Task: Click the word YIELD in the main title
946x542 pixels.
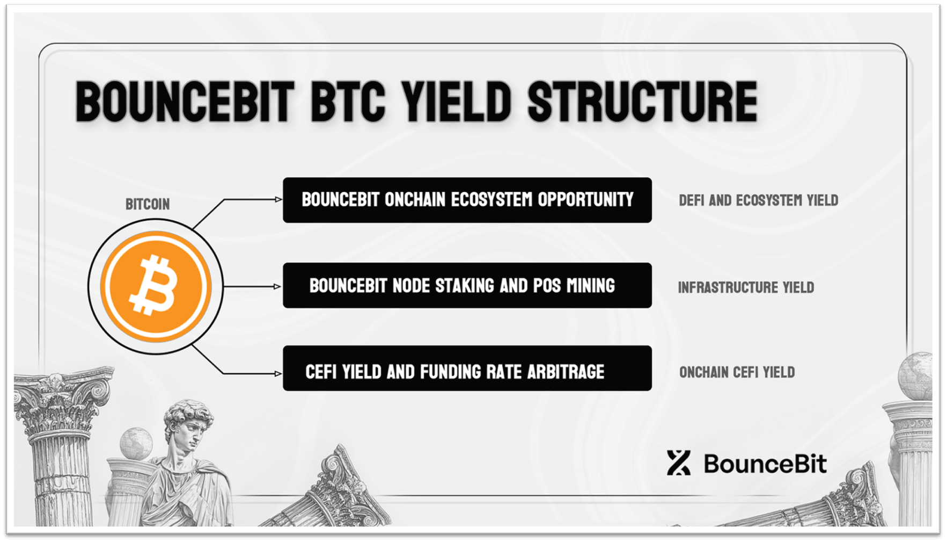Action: click(456, 102)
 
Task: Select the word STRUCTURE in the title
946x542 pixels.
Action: click(642, 102)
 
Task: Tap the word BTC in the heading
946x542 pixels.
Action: click(348, 102)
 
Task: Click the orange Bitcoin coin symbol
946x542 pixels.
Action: click(156, 286)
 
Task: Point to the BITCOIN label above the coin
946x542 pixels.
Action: click(148, 204)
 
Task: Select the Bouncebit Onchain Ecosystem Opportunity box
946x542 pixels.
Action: click(467, 200)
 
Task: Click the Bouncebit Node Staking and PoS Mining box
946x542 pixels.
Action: click(467, 285)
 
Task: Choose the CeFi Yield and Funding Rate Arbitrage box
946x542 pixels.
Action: click(467, 368)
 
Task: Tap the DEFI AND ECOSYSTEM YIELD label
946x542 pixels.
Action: click(758, 200)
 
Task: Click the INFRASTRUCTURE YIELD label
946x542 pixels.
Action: click(746, 287)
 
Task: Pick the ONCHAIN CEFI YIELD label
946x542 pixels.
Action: click(737, 372)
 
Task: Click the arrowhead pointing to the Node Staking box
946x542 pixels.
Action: click(277, 286)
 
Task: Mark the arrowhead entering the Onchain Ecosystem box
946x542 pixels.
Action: click(278, 199)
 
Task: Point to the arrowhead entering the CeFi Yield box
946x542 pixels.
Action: click(278, 373)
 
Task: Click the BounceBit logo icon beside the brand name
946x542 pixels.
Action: click(678, 463)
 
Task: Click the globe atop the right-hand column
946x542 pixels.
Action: click(916, 376)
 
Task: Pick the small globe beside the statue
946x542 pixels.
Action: click(136, 444)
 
